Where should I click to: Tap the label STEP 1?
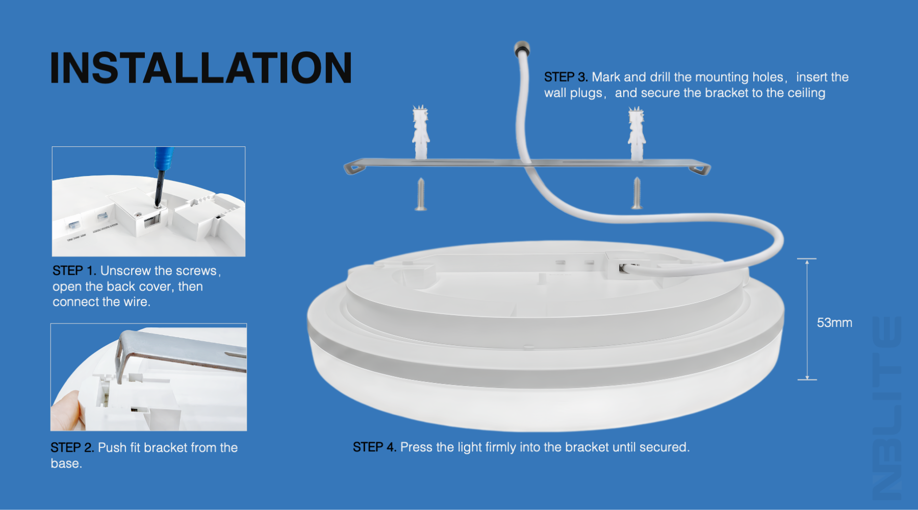click(x=74, y=271)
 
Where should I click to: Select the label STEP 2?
click(x=72, y=448)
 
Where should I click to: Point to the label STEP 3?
click(x=566, y=77)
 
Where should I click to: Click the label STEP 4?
click(x=374, y=447)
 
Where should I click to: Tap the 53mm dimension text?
click(x=834, y=323)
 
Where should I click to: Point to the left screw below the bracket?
click(x=421, y=194)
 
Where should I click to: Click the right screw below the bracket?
click(x=637, y=193)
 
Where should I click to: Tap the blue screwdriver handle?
click(x=164, y=158)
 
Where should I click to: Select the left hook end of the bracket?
click(x=355, y=167)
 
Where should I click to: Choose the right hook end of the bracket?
click(x=700, y=168)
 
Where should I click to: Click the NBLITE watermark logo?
click(x=887, y=408)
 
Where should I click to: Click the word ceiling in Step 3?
click(x=806, y=93)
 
